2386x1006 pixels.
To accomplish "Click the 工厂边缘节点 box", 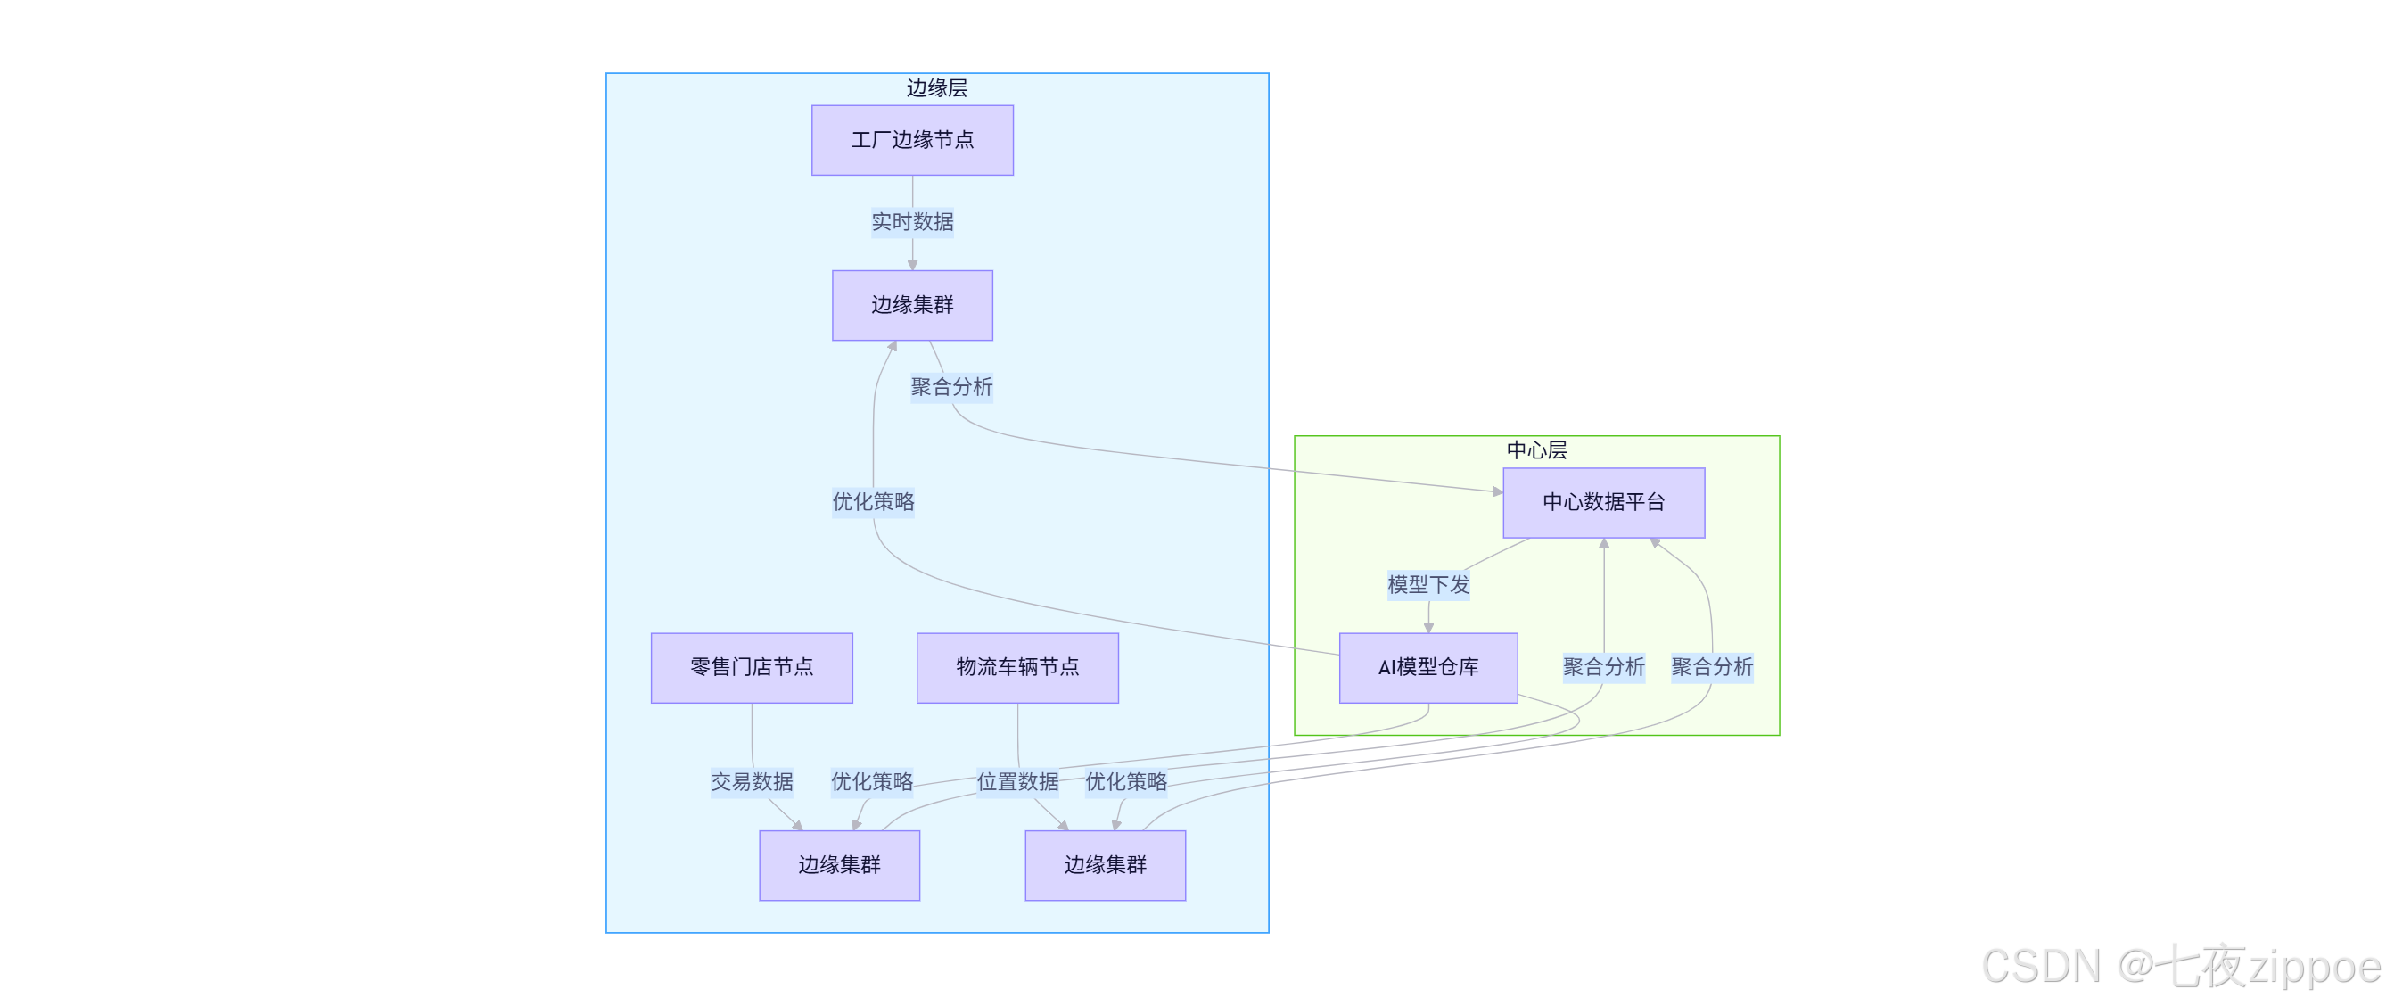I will [x=911, y=140].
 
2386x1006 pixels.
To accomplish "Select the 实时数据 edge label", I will [x=911, y=221].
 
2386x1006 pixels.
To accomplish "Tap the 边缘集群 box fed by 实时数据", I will [x=911, y=305].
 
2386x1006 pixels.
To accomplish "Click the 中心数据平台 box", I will [x=1602, y=502].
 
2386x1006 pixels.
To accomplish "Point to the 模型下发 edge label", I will [x=1427, y=584].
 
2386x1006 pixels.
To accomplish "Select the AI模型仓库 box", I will [x=1427, y=667].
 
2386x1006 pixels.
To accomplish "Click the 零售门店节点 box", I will [x=751, y=667].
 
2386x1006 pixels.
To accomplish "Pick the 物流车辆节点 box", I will [x=1017, y=667].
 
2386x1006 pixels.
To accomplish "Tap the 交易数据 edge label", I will [x=751, y=782].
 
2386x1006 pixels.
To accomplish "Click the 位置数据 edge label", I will [x=1017, y=782].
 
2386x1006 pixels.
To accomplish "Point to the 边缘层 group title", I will [x=936, y=88].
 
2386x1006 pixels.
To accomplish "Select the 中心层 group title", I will [x=1535, y=450].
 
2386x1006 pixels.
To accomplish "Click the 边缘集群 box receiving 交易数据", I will [x=839, y=864].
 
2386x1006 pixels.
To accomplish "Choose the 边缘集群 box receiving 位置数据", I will [x=1104, y=864].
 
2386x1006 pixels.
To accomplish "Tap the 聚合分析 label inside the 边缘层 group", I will [x=951, y=386].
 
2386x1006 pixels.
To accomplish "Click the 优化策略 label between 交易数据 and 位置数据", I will [x=872, y=782].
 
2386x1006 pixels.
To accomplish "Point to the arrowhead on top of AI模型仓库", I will [x=1427, y=628].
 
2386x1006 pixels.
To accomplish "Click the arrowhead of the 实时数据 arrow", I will [x=911, y=265].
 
